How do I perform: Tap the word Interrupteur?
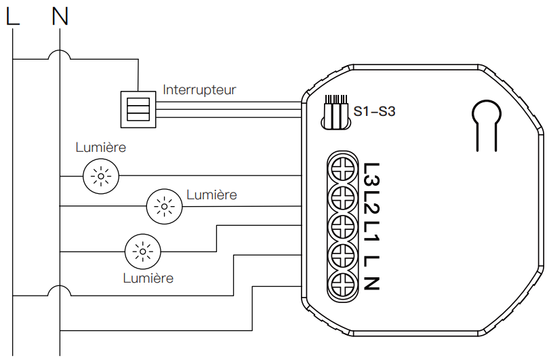199,89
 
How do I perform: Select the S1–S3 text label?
374,111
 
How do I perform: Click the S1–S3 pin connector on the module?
335,111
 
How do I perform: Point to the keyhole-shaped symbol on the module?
487,122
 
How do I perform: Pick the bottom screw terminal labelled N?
342,284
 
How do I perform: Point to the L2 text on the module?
371,204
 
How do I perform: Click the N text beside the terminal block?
371,283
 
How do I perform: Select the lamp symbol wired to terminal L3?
101,177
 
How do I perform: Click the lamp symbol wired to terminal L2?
165,205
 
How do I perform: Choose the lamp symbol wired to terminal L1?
142,252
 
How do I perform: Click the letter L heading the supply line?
13,16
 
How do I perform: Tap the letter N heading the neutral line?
60,16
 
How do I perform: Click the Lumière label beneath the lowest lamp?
148,278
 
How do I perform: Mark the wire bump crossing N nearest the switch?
60,54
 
